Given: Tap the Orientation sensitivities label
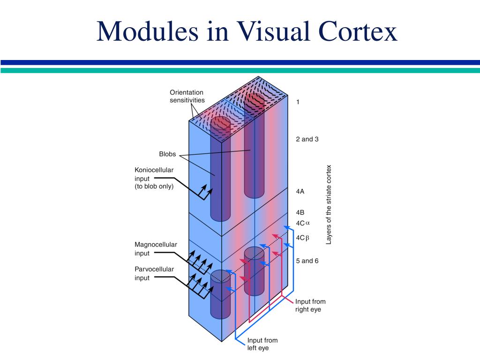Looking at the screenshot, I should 187,96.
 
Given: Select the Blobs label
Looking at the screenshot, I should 167,154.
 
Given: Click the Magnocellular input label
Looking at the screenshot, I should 156,249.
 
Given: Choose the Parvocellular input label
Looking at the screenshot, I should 154,273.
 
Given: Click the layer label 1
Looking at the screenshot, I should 298,102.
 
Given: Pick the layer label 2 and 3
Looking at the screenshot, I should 307,139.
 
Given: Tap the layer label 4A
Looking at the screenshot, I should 300,191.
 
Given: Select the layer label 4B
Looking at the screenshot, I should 300,212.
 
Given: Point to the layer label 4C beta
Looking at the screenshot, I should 303,238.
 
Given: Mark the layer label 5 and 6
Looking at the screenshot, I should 307,261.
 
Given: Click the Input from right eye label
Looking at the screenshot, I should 310,305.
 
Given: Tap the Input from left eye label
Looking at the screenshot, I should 262,344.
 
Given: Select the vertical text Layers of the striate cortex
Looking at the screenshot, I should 329,204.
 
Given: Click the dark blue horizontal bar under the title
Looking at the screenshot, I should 240,62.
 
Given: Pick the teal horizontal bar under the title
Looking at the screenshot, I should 240,70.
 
